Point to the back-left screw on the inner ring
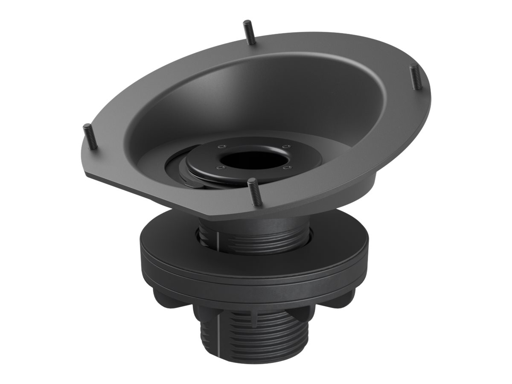pos(220,146)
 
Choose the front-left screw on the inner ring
pos(218,167)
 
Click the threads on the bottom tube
pos(239,339)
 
